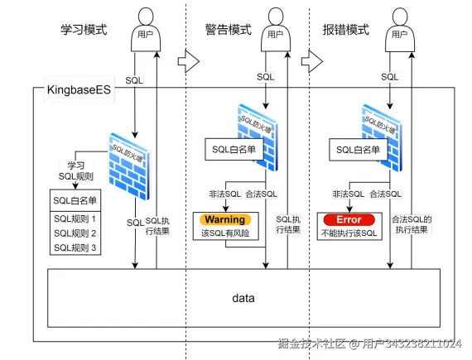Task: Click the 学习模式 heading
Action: pyautogui.click(x=84, y=29)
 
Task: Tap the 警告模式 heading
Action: pyautogui.click(x=229, y=29)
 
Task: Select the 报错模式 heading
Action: pyautogui.click(x=345, y=29)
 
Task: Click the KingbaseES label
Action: pyautogui.click(x=73, y=90)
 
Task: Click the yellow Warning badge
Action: pyautogui.click(x=225, y=219)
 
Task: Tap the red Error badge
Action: pyautogui.click(x=348, y=219)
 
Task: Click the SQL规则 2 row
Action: pyautogui.click(x=75, y=233)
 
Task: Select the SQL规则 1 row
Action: pyautogui.click(x=75, y=218)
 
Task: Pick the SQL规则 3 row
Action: pyautogui.click(x=75, y=247)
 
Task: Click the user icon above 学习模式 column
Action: pyautogui.click(x=146, y=29)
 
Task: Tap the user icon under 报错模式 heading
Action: pyautogui.click(x=403, y=29)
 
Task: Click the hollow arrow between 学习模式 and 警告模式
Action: pyautogui.click(x=189, y=60)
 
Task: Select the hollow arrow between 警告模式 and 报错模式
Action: pyautogui.click(x=310, y=60)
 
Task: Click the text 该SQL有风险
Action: pyautogui.click(x=225, y=234)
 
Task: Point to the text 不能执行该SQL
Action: pyautogui.click(x=348, y=234)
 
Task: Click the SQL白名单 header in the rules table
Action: pyautogui.click(x=75, y=200)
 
